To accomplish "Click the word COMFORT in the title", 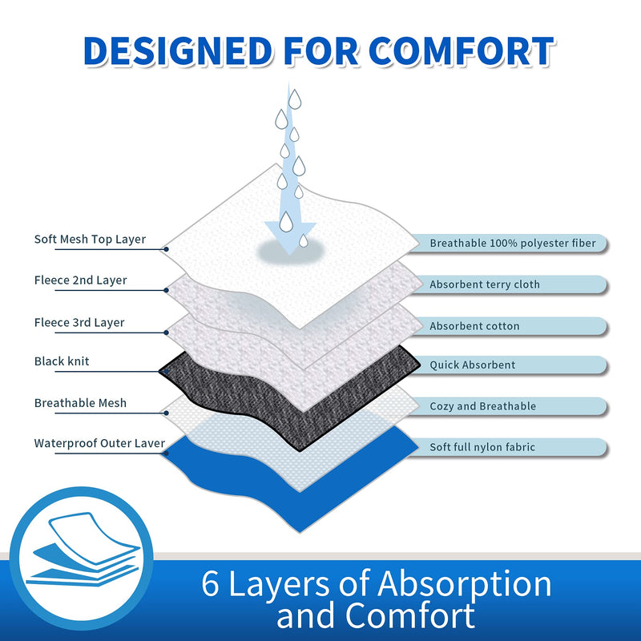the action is pyautogui.click(x=462, y=51).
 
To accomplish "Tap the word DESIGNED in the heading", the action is pyautogui.click(x=178, y=51).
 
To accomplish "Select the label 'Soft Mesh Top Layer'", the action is pyautogui.click(x=90, y=239).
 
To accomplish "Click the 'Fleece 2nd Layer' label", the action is pyautogui.click(x=81, y=280).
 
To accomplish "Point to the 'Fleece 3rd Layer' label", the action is pyautogui.click(x=79, y=323).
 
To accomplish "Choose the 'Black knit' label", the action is pyautogui.click(x=62, y=361).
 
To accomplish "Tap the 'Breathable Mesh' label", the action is pyautogui.click(x=81, y=403).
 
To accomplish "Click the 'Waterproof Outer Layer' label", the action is pyautogui.click(x=99, y=443).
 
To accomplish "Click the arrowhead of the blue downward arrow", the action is pyautogui.click(x=290, y=237).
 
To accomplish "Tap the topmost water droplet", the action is pyautogui.click(x=295, y=99).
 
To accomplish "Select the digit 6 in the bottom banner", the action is pyautogui.click(x=210, y=584).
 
